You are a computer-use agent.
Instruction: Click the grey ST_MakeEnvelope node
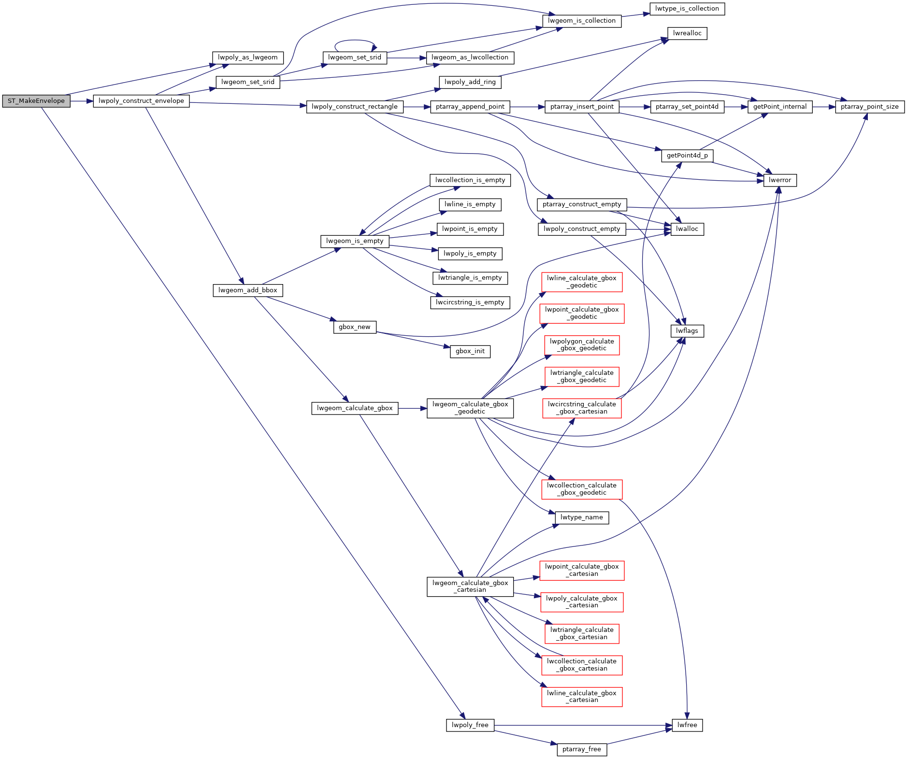[x=36, y=101]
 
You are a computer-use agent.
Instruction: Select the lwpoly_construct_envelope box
[x=141, y=101]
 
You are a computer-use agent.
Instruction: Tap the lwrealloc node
[x=687, y=33]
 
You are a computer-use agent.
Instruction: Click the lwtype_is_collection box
[x=687, y=9]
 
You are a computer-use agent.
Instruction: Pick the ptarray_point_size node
[x=869, y=107]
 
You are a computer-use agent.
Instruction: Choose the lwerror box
[x=780, y=180]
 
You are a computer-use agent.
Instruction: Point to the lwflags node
[x=687, y=331]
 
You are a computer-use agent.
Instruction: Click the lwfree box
[x=687, y=725]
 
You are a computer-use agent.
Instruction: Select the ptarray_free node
[x=582, y=749]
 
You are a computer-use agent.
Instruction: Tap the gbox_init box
[x=470, y=351]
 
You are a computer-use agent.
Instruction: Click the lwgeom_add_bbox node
[x=247, y=290]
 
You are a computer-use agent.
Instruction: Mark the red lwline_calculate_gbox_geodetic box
[x=582, y=282]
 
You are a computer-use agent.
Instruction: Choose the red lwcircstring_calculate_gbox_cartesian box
[x=582, y=408]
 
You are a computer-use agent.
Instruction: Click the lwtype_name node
[x=582, y=517]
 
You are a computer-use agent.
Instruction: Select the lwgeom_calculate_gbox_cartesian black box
[x=470, y=587]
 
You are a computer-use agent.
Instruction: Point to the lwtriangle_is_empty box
[x=470, y=278]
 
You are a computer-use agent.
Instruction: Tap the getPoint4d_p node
[x=687, y=156]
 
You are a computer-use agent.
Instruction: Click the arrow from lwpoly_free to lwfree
[x=580, y=725]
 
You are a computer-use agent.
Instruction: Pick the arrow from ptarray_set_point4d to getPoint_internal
[x=735, y=107]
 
